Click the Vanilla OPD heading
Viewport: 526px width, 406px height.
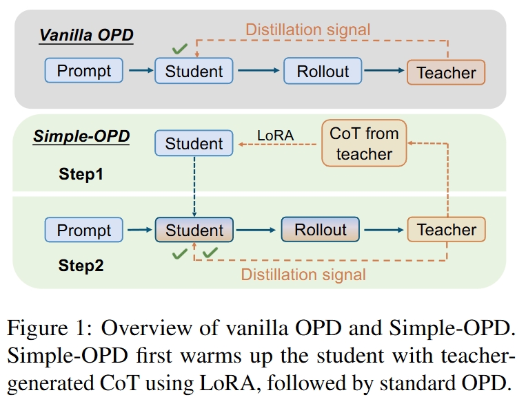click(x=86, y=35)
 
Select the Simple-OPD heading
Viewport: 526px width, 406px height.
click(x=81, y=136)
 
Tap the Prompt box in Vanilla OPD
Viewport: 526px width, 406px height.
click(x=84, y=70)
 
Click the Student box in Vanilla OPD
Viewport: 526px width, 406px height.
click(x=194, y=71)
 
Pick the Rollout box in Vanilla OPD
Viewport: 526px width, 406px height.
click(x=323, y=71)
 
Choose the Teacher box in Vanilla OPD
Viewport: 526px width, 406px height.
click(x=446, y=72)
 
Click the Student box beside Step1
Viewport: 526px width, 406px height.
click(x=194, y=143)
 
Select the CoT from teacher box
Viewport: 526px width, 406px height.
click(x=364, y=143)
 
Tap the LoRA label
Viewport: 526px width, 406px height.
click(x=276, y=136)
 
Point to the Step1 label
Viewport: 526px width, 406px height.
click(x=81, y=174)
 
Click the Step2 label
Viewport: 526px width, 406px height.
click(x=81, y=266)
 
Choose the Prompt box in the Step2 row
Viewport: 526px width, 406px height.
click(x=84, y=230)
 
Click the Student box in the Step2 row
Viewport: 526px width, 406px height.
click(x=194, y=230)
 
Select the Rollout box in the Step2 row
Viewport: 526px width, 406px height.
click(x=321, y=229)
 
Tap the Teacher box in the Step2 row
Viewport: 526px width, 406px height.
click(x=447, y=229)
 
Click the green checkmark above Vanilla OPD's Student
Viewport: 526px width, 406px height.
click(x=180, y=49)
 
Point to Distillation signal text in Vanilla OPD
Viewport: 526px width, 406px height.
click(x=308, y=30)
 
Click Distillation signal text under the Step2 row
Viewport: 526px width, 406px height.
click(x=303, y=275)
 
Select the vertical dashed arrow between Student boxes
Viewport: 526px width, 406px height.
click(x=194, y=186)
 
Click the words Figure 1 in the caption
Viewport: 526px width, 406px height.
click(x=47, y=328)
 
